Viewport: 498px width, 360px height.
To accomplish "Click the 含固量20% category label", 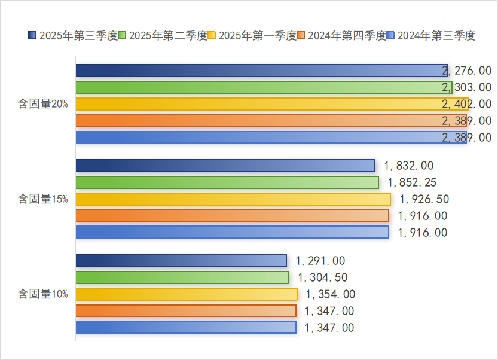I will [42, 104].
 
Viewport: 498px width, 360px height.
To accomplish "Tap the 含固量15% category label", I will [42, 199].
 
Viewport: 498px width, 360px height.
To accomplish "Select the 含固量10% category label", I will [42, 294].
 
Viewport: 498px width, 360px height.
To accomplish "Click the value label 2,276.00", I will [466, 71].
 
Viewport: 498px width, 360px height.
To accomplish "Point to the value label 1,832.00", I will [409, 166].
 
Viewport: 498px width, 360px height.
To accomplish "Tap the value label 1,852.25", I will [413, 182].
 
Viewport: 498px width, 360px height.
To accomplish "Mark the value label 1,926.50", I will [424, 199].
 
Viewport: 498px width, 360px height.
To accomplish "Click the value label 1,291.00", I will [320, 261].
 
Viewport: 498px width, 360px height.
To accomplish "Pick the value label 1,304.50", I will [323, 277].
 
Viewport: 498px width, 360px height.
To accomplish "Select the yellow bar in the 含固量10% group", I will [186, 294].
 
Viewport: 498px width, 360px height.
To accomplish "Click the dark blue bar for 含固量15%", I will [225, 166].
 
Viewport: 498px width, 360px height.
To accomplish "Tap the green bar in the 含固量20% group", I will [263, 87].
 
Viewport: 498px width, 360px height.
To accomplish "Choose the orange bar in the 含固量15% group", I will [232, 216].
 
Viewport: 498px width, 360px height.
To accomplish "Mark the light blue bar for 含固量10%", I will [185, 327].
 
